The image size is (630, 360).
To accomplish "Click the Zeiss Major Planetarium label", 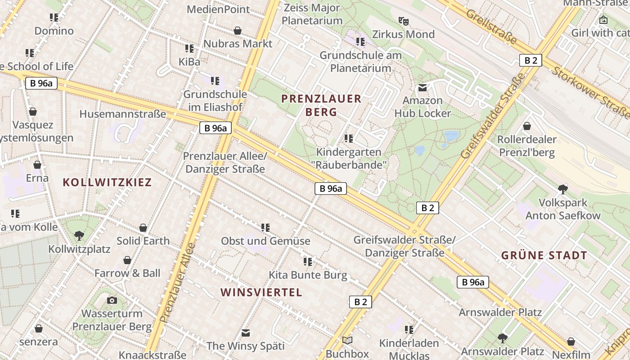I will (312, 14).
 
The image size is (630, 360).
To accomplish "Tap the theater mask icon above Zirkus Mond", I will (403, 21).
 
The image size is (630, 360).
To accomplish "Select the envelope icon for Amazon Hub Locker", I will (423, 87).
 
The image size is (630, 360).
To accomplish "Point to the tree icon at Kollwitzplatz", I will (79, 235).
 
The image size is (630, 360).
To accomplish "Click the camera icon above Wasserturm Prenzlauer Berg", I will (112, 300).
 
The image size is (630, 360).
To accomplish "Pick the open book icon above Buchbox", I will (347, 341).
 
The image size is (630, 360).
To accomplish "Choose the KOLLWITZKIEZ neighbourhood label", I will (107, 182).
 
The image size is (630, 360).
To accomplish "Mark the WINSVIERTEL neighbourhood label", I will (261, 292).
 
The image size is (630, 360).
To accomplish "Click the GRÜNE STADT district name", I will (544, 256).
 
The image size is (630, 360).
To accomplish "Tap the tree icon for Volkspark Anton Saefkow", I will (562, 189).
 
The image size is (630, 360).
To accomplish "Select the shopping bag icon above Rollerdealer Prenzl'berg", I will (526, 126).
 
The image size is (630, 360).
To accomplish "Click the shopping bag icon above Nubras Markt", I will (238, 31).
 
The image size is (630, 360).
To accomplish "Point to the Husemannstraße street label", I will (123, 114).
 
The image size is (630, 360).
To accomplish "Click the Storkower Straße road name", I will (589, 90).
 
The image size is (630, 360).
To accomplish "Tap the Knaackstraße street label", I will (152, 355).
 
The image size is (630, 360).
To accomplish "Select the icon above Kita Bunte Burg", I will (308, 261).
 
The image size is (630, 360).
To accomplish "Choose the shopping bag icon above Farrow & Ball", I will (127, 260).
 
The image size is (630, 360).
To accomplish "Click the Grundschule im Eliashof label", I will (215, 100).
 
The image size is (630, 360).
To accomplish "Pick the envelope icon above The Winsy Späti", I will (245, 333).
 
